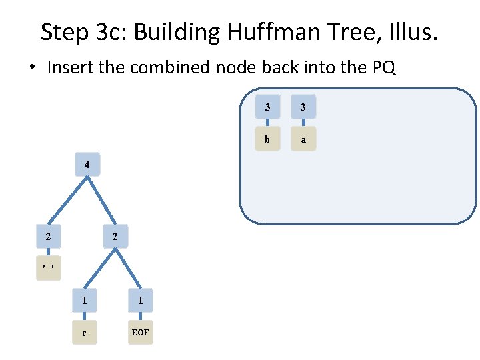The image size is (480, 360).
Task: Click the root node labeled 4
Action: point(87,165)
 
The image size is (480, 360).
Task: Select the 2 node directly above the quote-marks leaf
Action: point(48,237)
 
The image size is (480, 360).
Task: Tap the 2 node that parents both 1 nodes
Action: point(115,237)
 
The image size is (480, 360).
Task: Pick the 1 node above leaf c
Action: point(84,301)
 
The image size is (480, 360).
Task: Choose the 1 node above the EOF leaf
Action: point(140,301)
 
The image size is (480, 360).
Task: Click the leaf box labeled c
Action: point(84,333)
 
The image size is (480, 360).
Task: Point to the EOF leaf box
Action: point(140,333)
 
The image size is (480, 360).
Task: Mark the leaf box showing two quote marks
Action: point(48,268)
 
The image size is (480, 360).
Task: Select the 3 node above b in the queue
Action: point(267,107)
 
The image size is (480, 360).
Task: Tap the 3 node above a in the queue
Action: point(303,107)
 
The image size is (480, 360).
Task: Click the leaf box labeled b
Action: point(267,139)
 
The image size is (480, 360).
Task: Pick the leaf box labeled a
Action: point(303,139)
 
